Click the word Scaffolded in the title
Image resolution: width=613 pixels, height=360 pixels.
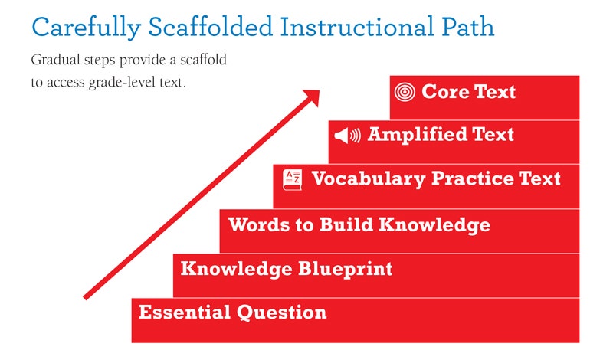(x=210, y=27)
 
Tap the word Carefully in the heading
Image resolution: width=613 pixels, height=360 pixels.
(x=86, y=28)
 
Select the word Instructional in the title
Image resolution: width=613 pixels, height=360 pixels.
(x=357, y=27)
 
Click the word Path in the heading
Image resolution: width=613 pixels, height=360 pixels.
(x=468, y=27)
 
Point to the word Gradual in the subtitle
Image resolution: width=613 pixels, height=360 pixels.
(x=56, y=60)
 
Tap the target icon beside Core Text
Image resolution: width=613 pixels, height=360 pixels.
(x=405, y=92)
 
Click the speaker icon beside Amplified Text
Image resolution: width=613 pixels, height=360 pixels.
(x=348, y=136)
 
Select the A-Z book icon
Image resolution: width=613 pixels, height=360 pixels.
(x=293, y=180)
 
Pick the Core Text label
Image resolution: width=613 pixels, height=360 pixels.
(x=468, y=92)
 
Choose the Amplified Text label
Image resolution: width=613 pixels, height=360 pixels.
(x=441, y=135)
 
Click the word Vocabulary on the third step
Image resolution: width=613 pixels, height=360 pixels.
(x=369, y=179)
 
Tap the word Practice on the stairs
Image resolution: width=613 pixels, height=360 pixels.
(x=472, y=178)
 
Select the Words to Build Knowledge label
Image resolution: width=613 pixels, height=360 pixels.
(x=359, y=225)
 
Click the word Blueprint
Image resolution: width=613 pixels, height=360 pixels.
(x=346, y=270)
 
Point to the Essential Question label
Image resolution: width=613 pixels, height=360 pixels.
(x=233, y=313)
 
